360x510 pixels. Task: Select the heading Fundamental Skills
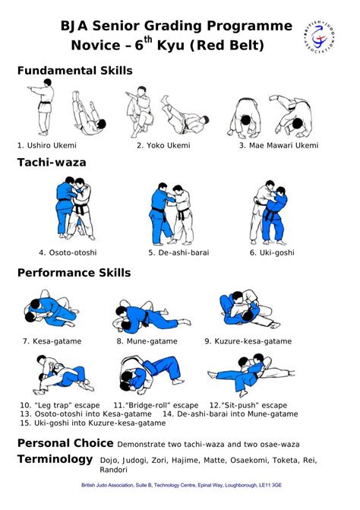[74, 71]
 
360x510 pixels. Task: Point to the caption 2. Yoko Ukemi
[163, 145]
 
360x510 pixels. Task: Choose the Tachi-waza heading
[52, 162]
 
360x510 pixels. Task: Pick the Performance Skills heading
[74, 272]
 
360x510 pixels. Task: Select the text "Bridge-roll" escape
[156, 405]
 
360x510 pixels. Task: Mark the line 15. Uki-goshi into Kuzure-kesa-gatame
[93, 423]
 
